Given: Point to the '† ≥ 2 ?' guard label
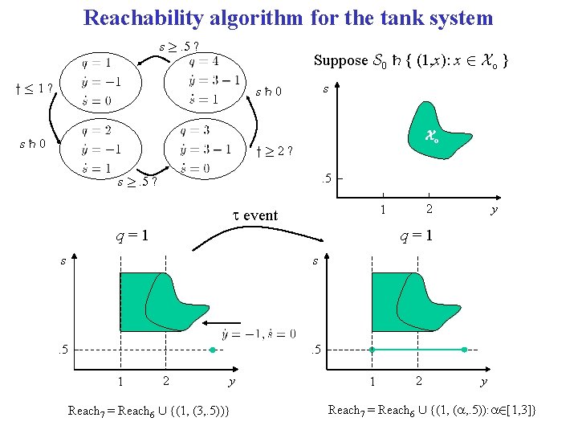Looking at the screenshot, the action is pos(275,149).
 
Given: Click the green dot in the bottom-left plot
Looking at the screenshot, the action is pos(212,350).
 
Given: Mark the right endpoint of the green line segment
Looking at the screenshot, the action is pos(465,350).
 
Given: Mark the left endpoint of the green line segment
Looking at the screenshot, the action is pos(372,350).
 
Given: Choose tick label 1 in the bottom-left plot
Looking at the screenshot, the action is pos(120,381).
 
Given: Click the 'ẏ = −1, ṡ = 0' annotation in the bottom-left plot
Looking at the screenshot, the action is pos(258,334).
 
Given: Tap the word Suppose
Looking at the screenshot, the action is pos(340,61).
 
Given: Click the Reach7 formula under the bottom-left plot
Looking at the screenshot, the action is pos(149,411).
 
